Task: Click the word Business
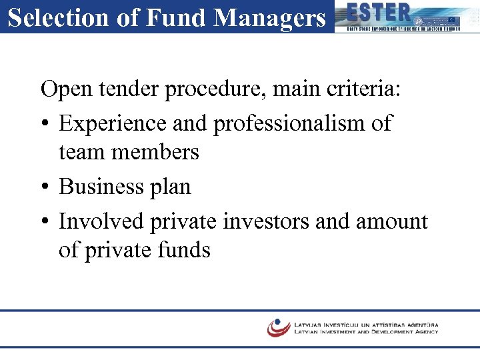click(x=101, y=187)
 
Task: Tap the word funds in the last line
click(x=181, y=250)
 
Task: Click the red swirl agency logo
click(x=279, y=327)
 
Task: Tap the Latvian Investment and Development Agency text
click(x=366, y=331)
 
